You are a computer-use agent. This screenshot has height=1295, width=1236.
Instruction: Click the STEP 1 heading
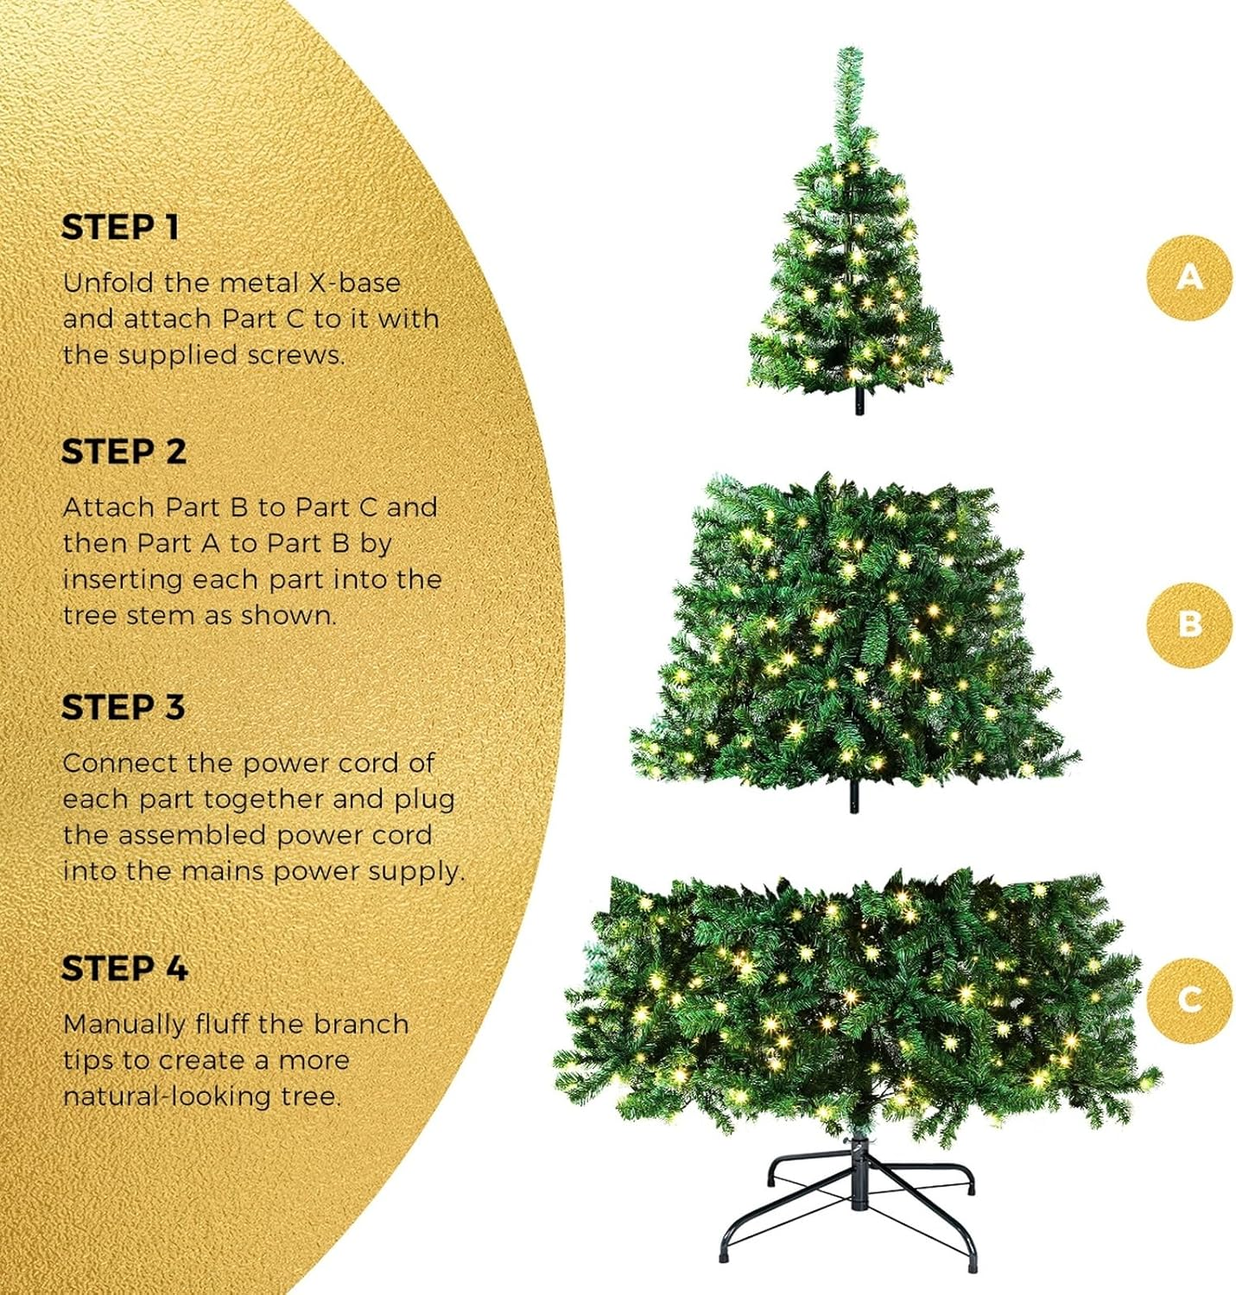click(x=120, y=228)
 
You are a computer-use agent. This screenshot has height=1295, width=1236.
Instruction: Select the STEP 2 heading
click(x=124, y=452)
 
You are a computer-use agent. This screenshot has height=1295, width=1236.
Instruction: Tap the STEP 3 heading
click(x=123, y=708)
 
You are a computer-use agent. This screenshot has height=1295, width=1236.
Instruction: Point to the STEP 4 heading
click(x=124, y=969)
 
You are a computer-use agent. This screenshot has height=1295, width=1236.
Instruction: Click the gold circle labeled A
click(x=1189, y=277)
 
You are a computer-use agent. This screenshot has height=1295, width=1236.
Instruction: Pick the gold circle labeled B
click(x=1189, y=624)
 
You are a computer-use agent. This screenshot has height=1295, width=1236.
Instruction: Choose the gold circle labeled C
click(x=1189, y=1000)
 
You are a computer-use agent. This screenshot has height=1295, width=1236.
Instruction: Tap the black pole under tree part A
click(x=859, y=401)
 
